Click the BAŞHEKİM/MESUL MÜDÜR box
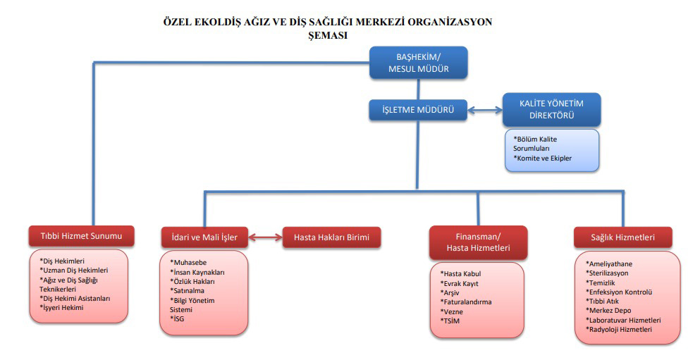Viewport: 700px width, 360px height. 418,63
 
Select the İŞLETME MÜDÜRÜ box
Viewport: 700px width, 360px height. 418,110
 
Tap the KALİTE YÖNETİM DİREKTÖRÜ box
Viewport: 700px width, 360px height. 551,109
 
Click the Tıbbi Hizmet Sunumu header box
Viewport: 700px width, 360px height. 81,236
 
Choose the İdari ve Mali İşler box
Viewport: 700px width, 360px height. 204,237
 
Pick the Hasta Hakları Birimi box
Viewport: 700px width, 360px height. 332,237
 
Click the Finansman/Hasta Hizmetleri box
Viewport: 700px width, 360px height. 478,242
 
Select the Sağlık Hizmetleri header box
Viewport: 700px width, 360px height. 622,237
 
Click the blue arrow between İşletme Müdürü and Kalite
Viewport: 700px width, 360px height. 485,110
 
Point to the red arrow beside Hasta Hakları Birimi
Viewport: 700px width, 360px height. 265,237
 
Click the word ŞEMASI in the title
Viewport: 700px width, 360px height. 328,36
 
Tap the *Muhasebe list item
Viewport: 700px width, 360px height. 188,263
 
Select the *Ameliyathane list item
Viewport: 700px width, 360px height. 609,264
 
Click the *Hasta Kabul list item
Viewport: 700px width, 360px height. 461,274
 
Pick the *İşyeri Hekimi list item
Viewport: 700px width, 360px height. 61,308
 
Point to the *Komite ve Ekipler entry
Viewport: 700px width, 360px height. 542,159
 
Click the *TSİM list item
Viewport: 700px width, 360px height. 450,321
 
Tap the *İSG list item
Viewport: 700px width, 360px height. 177,319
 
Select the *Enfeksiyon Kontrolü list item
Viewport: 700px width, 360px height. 619,292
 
